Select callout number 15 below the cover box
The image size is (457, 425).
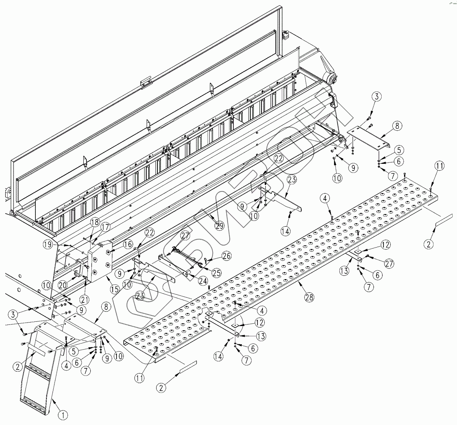click(x=115, y=289)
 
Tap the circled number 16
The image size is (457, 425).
click(x=128, y=244)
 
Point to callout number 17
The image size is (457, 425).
click(x=105, y=227)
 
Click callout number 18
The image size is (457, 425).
click(x=94, y=222)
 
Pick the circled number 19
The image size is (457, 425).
click(x=48, y=244)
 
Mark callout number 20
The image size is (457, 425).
click(x=62, y=286)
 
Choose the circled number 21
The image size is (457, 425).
click(x=85, y=300)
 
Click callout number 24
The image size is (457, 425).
click(x=203, y=281)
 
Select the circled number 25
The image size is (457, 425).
click(x=216, y=273)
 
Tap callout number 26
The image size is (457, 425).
click(x=227, y=256)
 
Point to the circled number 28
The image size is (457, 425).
click(x=309, y=297)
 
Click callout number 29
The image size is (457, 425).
click(x=220, y=226)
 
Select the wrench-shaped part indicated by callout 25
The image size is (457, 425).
click(x=187, y=258)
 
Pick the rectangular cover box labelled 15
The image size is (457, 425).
click(x=100, y=261)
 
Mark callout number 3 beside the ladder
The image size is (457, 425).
click(x=13, y=315)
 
